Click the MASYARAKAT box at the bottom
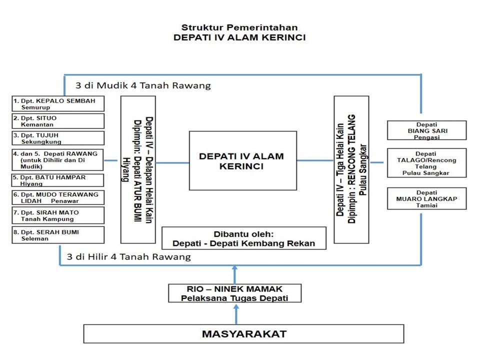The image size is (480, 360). click(x=243, y=333)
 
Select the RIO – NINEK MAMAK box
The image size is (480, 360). click(x=234, y=293)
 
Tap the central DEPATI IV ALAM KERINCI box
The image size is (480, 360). click(x=242, y=160)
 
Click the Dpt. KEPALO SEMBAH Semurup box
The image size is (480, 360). click(x=58, y=103)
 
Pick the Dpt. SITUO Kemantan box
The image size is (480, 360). click(x=58, y=121)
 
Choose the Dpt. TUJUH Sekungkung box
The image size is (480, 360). click(x=58, y=138)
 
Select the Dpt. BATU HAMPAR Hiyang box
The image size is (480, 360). click(x=58, y=180)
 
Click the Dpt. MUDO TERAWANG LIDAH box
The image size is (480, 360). click(x=58, y=197)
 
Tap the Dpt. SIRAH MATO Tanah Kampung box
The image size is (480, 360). click(x=58, y=215)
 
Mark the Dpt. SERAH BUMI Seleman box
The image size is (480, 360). click(x=58, y=235)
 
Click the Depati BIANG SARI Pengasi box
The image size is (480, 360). click(x=426, y=130)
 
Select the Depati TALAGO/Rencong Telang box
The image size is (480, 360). click(x=426, y=163)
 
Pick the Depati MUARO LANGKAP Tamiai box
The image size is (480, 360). click(x=426, y=198)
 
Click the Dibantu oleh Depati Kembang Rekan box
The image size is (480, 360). click(x=243, y=238)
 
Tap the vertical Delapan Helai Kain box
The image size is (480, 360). click(x=138, y=169)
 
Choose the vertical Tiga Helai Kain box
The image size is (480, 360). click(x=351, y=169)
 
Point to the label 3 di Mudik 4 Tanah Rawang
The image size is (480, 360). click(x=142, y=85)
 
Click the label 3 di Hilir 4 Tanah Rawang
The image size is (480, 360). click(x=129, y=257)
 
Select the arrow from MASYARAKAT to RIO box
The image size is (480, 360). click(x=236, y=313)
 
